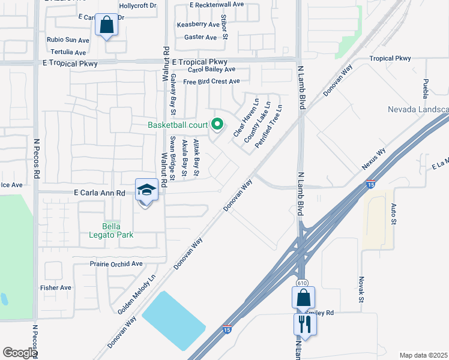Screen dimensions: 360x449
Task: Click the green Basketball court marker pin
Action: point(218,125)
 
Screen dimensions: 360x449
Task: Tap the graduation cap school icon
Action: point(146,190)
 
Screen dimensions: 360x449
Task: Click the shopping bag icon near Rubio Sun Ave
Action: point(106,26)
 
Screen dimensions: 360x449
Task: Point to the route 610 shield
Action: point(302,282)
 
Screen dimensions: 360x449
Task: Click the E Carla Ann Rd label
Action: point(99,193)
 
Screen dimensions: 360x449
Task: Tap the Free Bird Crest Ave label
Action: point(211,82)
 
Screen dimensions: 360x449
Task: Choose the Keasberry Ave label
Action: point(198,25)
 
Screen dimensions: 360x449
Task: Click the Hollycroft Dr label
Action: point(137,5)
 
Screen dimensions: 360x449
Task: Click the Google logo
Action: point(19,353)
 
